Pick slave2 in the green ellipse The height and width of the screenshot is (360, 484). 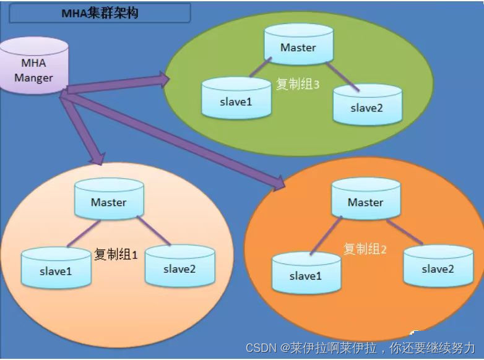[x=367, y=108]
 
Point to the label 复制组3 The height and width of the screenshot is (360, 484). [x=298, y=84]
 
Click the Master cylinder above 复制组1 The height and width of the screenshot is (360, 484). [x=108, y=202]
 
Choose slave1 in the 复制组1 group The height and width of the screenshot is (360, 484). [x=55, y=270]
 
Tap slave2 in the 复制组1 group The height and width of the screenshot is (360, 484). [x=179, y=268]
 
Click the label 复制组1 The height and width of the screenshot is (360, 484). [x=116, y=254]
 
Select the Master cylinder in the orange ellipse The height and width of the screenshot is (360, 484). [x=365, y=202]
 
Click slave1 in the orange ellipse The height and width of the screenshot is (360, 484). [x=306, y=276]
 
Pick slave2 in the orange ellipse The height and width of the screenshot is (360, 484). [x=438, y=269]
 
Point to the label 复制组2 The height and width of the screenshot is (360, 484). [x=365, y=249]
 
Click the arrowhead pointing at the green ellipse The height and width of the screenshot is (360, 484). [x=164, y=77]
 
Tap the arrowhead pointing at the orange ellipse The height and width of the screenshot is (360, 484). [x=279, y=181]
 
